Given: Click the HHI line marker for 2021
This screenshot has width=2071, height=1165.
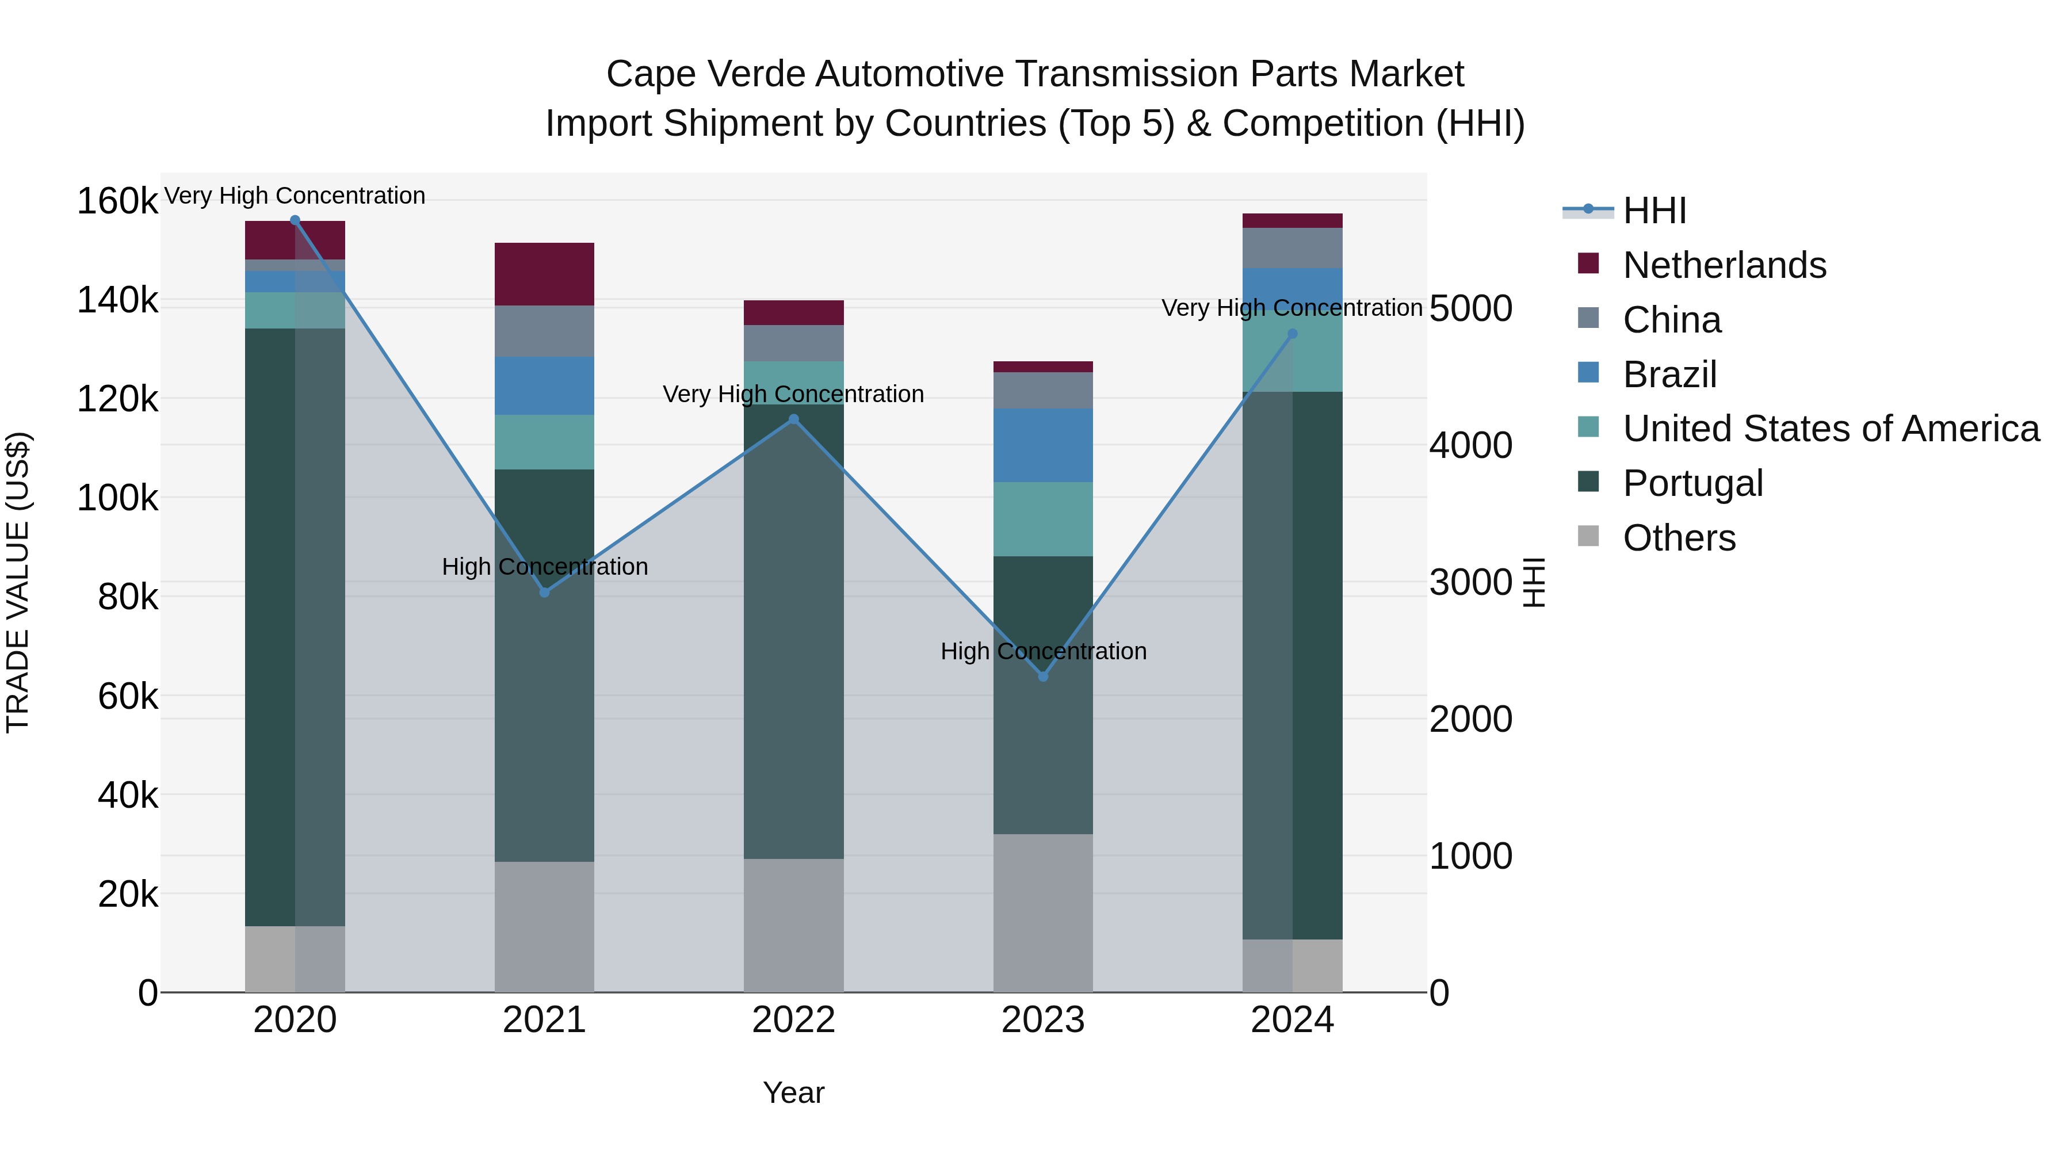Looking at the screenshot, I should coord(544,593).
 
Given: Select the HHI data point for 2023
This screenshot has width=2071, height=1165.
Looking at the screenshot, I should coord(1043,676).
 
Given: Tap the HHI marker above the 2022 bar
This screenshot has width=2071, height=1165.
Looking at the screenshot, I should coord(793,419).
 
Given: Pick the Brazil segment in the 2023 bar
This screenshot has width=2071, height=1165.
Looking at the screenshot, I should coord(1043,445).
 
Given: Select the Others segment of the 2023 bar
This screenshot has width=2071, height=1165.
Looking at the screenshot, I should coord(1043,912).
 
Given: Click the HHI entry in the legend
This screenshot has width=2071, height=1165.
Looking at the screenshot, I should coord(1654,211).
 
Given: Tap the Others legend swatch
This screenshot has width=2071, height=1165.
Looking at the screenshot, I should coord(1588,536).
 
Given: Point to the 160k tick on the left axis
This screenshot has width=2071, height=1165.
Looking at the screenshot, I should coord(117,201).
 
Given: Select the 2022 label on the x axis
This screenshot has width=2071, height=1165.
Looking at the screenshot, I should coord(793,1020).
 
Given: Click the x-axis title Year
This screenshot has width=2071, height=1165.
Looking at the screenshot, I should coord(793,1093).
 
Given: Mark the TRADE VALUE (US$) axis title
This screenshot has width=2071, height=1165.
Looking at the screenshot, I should coord(18,582).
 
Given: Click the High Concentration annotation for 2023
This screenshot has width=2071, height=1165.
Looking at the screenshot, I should coord(1043,651).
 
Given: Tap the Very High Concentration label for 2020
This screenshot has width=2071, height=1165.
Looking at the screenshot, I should coord(294,196).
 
